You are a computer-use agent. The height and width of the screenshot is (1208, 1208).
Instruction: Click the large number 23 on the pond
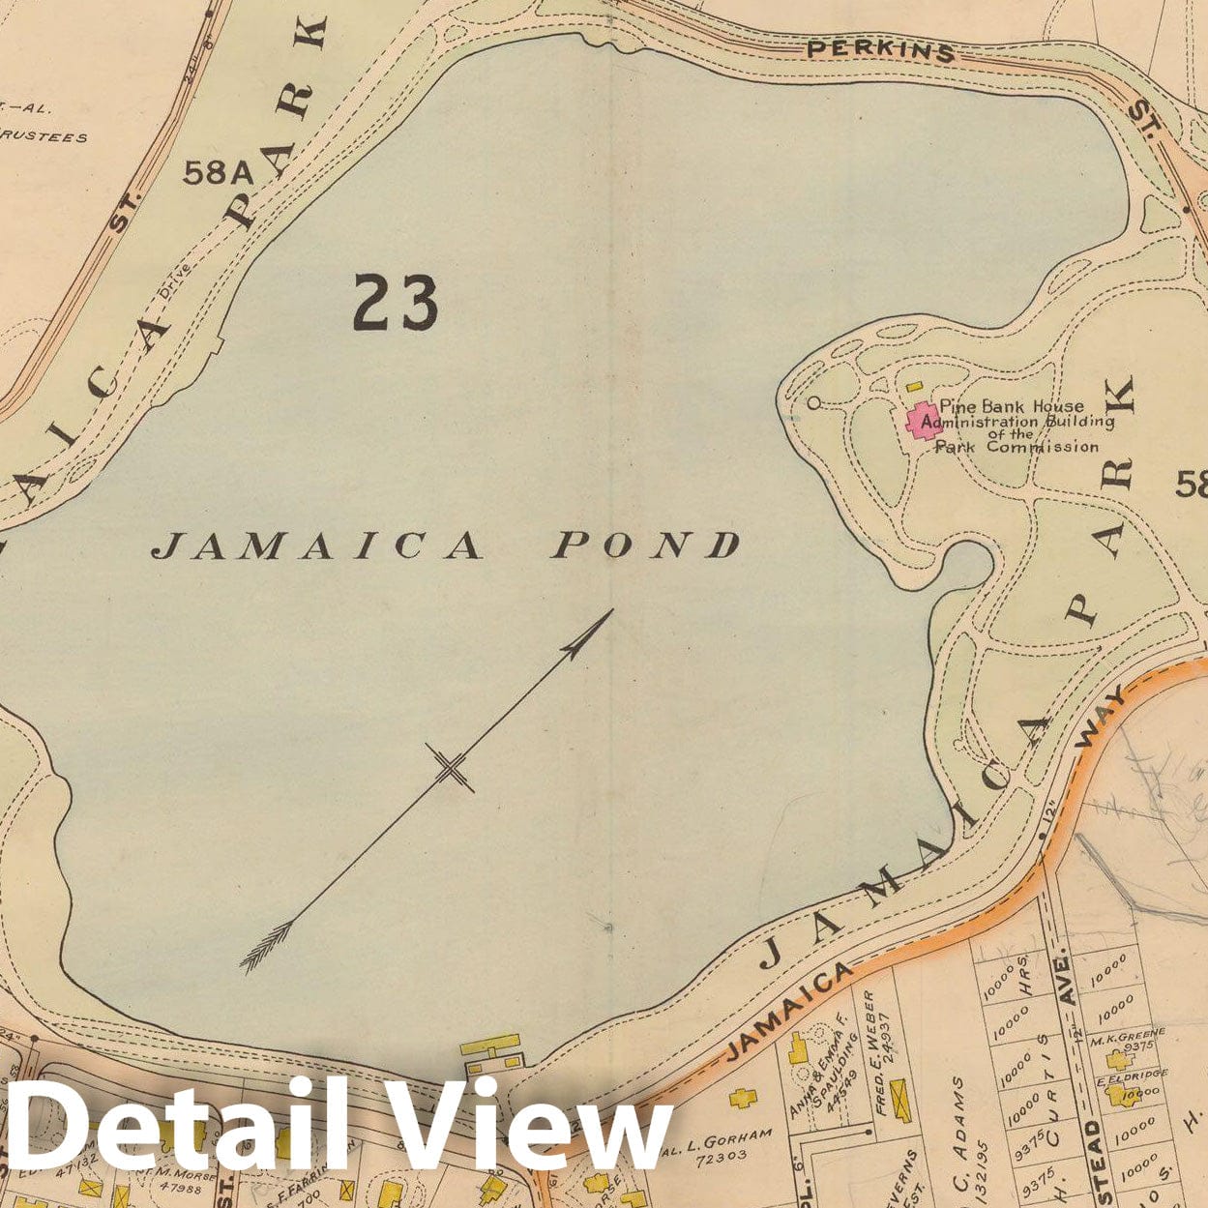coord(396,302)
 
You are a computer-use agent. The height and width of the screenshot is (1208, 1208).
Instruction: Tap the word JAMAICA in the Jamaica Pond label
coord(317,546)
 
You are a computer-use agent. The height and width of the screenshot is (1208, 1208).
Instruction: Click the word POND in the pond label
coord(646,545)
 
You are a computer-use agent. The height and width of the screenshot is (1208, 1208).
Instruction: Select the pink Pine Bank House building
coord(920,422)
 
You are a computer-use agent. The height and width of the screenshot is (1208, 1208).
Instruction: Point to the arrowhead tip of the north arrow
coord(611,610)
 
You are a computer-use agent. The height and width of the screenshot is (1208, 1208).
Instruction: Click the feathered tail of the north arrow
coord(265,947)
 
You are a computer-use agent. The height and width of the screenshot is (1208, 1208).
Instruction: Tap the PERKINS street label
coord(880,49)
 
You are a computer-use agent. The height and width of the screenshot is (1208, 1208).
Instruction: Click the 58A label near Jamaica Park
coord(217,172)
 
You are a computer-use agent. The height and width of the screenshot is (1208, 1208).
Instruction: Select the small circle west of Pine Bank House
coord(813,402)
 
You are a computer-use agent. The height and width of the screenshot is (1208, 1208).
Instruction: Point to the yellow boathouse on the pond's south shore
coord(491,1049)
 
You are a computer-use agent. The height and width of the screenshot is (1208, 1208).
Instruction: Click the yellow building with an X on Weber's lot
coord(901,1100)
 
